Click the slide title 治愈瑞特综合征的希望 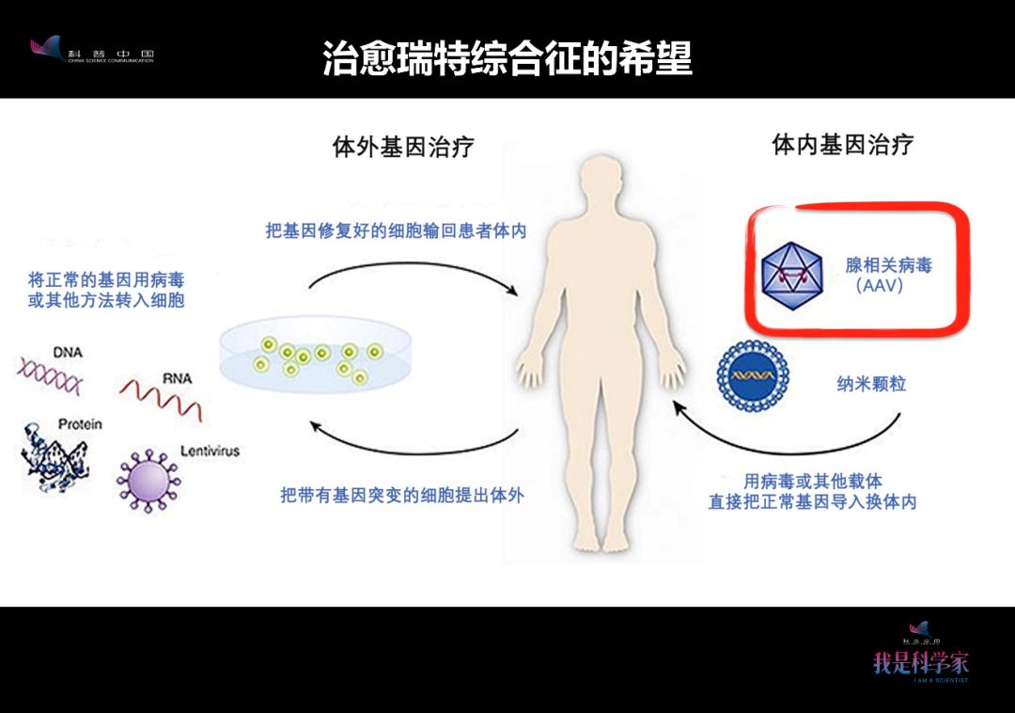(507, 58)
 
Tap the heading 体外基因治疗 (403, 147)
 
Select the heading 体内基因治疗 (842, 144)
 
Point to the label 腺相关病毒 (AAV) (888, 275)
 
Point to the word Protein (80, 424)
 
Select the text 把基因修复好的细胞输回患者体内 (395, 230)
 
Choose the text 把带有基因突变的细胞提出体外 (401, 494)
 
